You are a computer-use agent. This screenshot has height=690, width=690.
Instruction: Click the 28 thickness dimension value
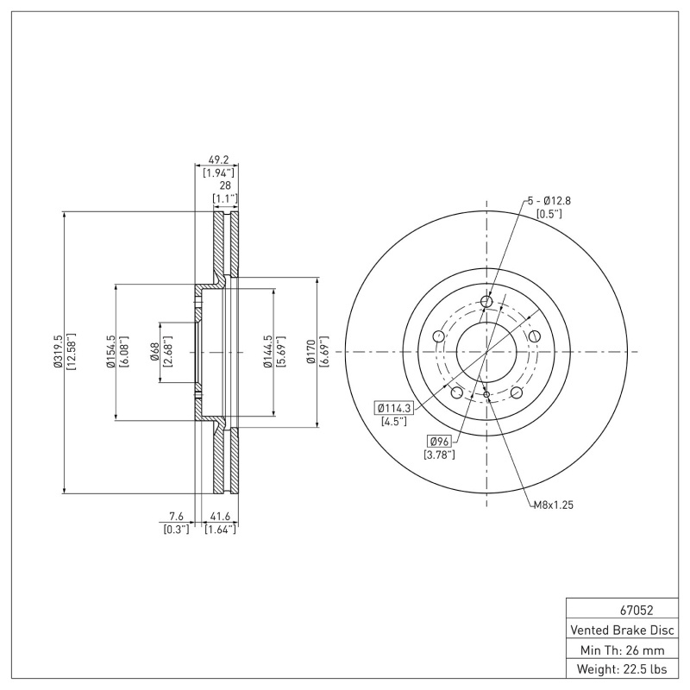coord(225,185)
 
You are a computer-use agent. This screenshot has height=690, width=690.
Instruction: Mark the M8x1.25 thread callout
coord(553,505)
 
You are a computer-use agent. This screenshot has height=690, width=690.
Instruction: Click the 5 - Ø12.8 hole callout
coord(549,200)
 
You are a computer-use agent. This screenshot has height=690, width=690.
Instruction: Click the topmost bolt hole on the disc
coord(486,301)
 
